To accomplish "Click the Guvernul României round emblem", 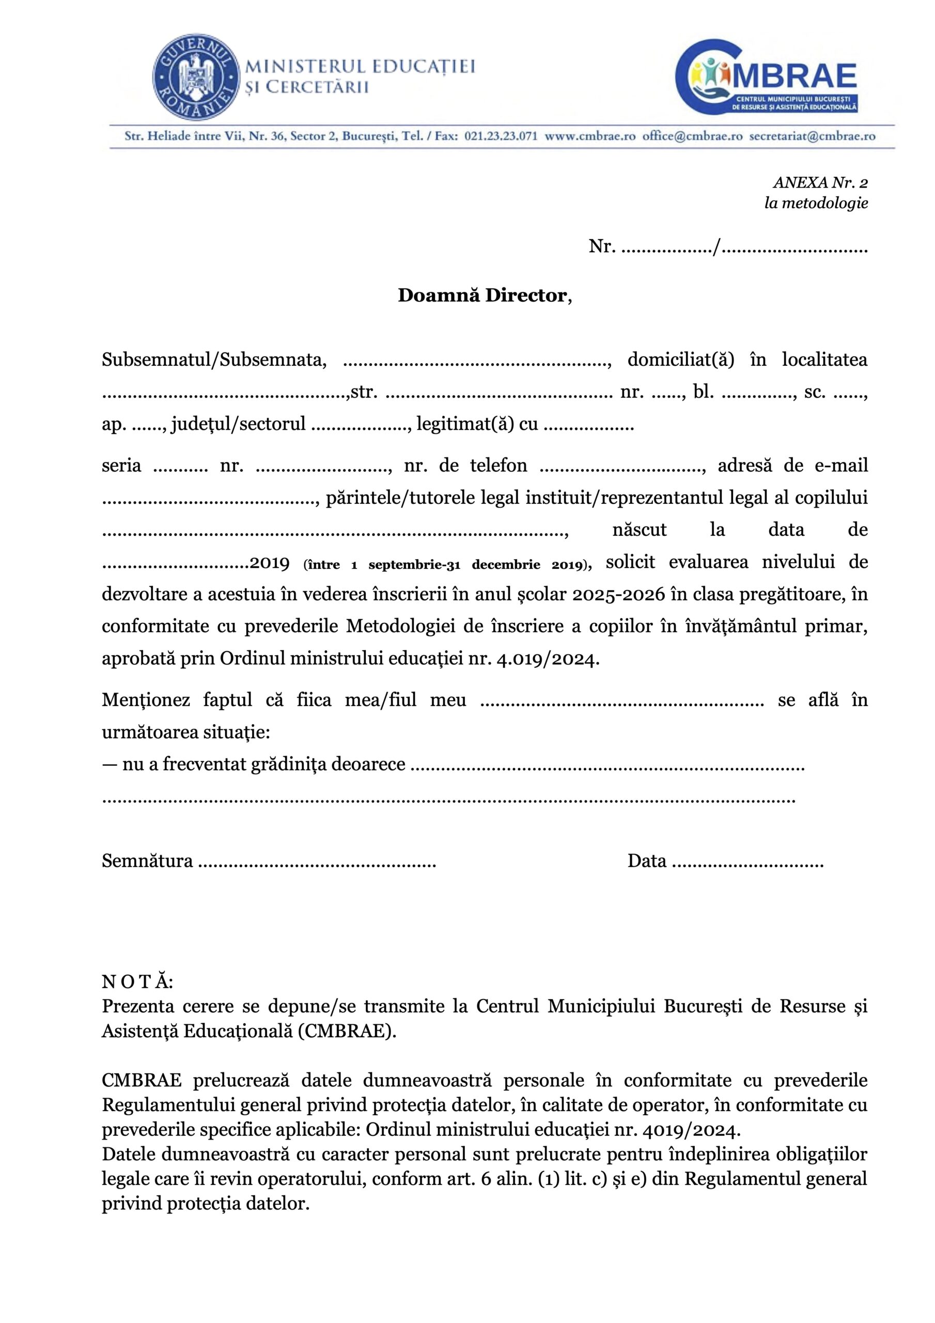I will point(196,77).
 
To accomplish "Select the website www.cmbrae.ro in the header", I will point(590,136).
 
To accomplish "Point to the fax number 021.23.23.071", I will point(501,136).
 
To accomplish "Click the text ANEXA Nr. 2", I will point(820,182).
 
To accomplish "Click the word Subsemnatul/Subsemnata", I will point(214,360).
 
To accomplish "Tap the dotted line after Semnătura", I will point(317,861).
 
